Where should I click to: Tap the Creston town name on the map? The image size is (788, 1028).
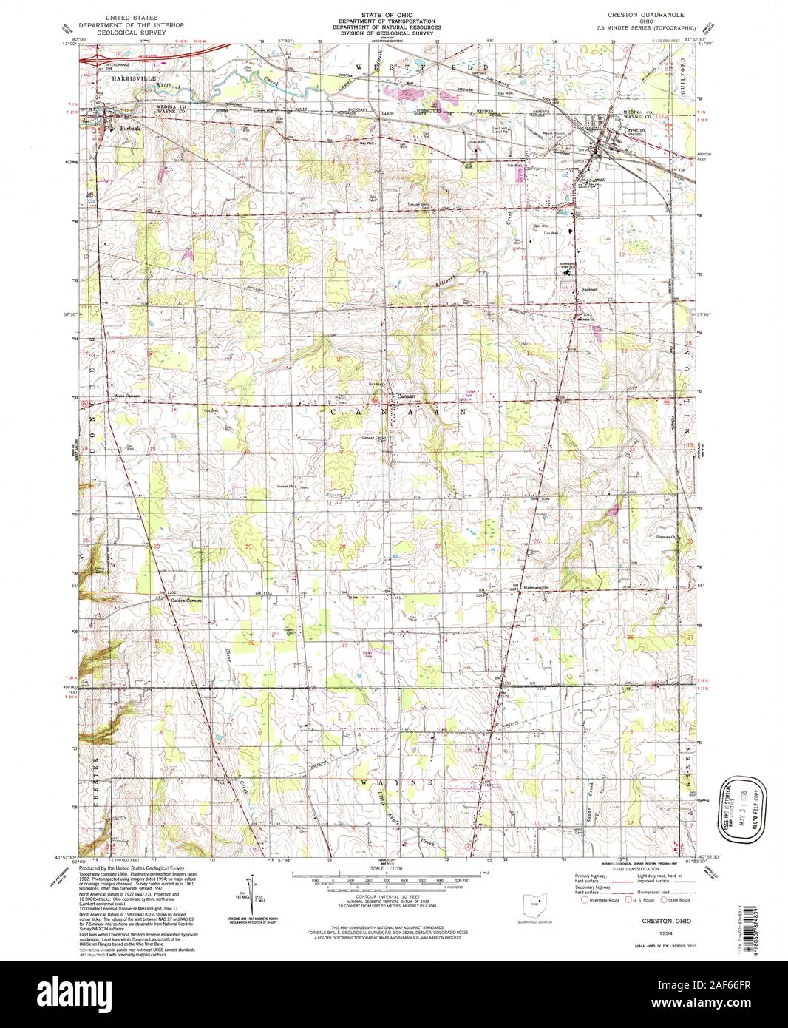pyautogui.click(x=635, y=130)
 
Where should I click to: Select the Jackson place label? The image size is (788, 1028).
pyautogui.click(x=588, y=289)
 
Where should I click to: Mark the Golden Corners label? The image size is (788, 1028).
pyautogui.click(x=186, y=600)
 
